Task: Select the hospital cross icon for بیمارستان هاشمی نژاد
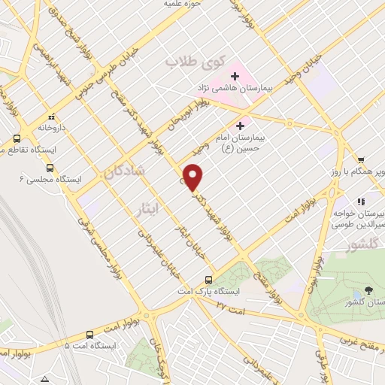(x=236, y=77)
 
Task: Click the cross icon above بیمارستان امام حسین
(x=241, y=126)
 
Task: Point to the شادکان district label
(x=121, y=172)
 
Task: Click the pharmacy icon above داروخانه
(x=52, y=117)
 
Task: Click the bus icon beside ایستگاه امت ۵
(x=89, y=335)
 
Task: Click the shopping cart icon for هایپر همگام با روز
(x=362, y=160)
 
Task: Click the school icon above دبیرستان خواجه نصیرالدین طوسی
(x=362, y=202)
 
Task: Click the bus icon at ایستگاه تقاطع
(x=17, y=139)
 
